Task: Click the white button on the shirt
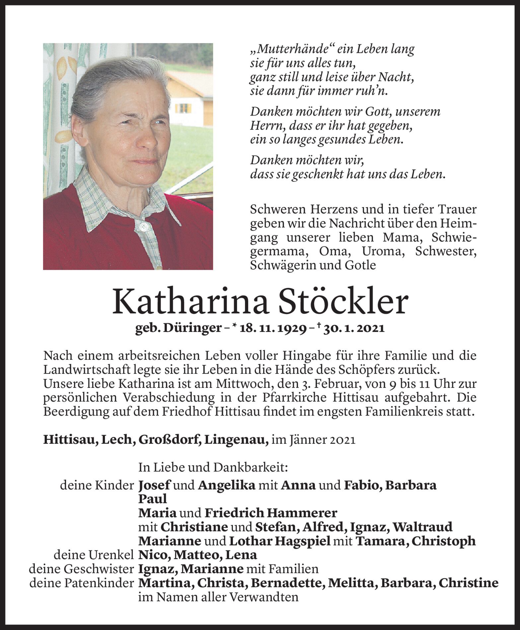143,227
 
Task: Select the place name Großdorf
169,440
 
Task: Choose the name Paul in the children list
152,499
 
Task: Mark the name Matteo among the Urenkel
196,555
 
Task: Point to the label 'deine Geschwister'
81,569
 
